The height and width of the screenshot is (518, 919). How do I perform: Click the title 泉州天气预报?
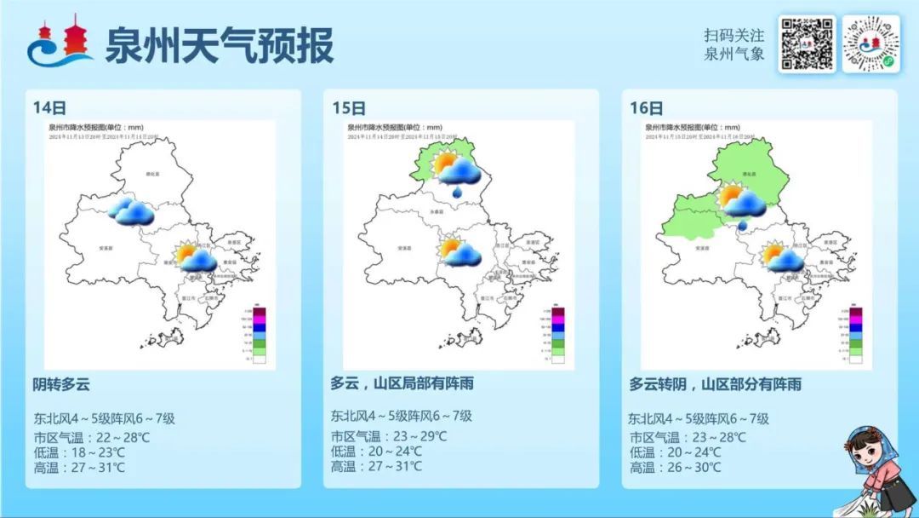pos(219,44)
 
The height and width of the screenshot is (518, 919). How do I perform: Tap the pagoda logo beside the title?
pos(60,43)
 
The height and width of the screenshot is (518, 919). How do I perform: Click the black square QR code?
pos(807,43)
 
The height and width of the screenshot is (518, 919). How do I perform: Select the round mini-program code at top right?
pos(870,43)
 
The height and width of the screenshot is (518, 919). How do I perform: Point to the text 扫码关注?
pos(733,36)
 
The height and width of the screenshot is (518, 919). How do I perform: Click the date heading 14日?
pos(49,107)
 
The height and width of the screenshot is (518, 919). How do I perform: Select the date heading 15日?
pos(349,107)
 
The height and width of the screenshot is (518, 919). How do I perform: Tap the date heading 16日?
pos(647,107)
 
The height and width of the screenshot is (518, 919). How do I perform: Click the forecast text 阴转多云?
pos(61,384)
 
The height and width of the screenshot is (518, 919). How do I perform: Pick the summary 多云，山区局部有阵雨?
pos(402,384)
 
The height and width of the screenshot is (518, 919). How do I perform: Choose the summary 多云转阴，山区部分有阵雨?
pos(716,384)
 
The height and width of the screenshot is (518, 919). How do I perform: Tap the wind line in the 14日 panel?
pos(104,417)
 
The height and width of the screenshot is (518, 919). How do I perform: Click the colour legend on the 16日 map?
pos(856,331)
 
